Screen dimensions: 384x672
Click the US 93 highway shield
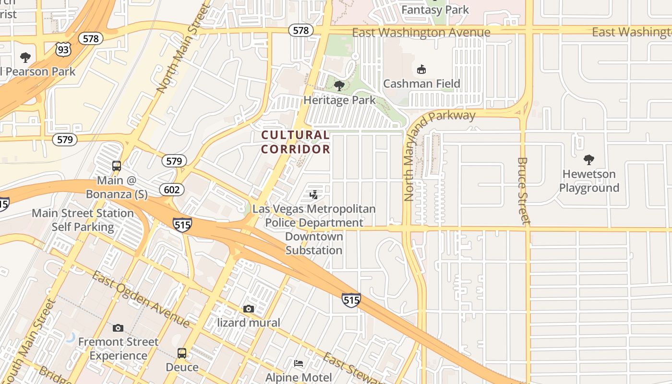point(63,48)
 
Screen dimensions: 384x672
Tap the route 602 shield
point(171,190)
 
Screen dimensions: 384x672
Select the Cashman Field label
point(421,84)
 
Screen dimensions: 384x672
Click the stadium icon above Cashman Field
point(421,70)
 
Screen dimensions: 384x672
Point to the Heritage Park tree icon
point(339,86)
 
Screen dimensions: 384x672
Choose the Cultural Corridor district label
point(296,142)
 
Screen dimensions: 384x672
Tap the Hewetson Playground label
point(589,181)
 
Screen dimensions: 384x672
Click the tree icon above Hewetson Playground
point(589,160)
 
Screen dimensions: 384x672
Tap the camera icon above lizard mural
point(248,309)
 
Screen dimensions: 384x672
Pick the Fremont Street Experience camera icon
point(118,328)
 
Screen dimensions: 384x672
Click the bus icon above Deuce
point(182,353)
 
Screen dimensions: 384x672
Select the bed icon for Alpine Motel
point(299,363)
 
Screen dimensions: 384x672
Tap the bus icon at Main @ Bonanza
point(117,166)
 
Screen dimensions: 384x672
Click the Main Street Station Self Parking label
point(83,220)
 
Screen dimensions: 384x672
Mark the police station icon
point(313,194)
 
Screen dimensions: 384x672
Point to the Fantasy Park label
point(435,10)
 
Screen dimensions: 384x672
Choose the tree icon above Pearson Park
point(25,58)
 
